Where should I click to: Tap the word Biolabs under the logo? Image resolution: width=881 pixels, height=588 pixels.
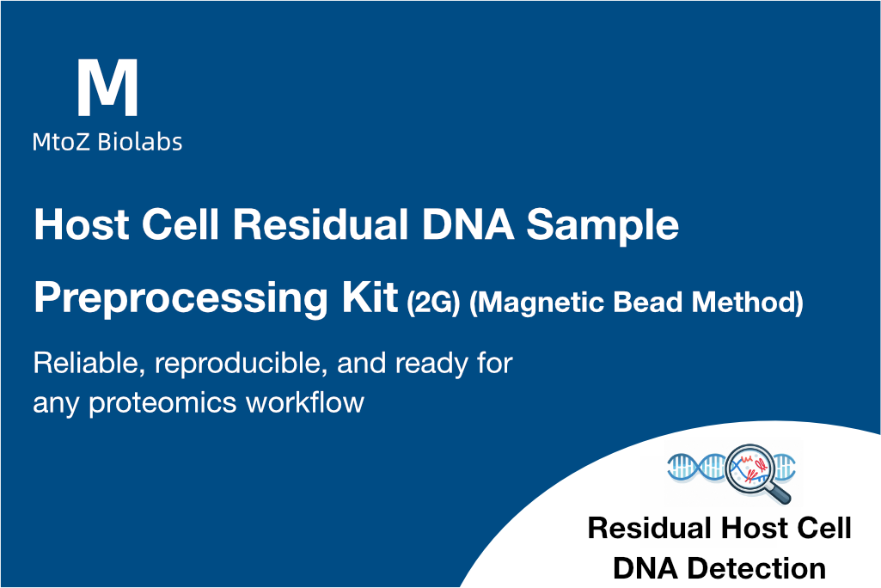coord(140,142)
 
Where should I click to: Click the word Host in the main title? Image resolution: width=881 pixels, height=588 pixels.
coord(82,224)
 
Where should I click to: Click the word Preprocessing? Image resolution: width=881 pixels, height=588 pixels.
coord(180,298)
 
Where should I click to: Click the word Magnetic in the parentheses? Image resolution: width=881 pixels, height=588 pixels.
coord(537,303)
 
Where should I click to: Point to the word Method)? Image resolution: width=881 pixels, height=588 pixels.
coord(747,303)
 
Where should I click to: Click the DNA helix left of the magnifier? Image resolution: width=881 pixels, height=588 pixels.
coord(697,467)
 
